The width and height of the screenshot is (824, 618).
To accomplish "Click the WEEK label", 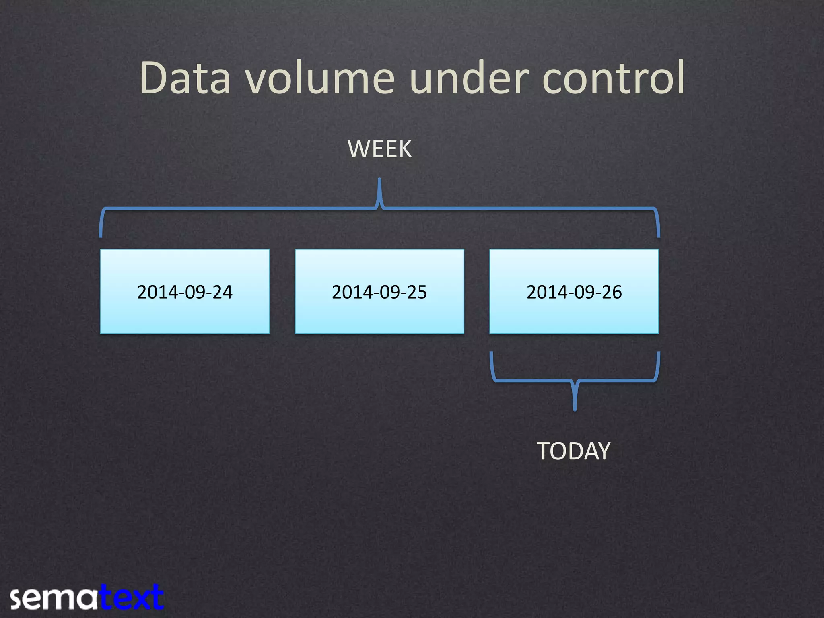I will (379, 149).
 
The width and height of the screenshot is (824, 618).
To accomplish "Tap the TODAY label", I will (574, 451).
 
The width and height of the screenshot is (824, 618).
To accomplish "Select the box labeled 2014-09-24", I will (185, 291).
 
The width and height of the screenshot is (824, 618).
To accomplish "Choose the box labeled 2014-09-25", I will (379, 291).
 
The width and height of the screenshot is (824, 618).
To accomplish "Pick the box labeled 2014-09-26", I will (574, 291).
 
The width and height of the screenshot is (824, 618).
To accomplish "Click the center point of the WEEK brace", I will (379, 181).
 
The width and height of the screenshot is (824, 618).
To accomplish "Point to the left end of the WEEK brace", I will (101, 235).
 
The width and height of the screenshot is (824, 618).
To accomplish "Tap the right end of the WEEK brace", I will (659, 235).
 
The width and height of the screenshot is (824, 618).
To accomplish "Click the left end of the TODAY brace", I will (491, 354).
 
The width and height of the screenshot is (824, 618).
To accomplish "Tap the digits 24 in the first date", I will (222, 292).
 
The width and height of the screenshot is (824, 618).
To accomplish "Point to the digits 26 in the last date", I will (612, 292).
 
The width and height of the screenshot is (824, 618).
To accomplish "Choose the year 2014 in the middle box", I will (350, 292).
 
